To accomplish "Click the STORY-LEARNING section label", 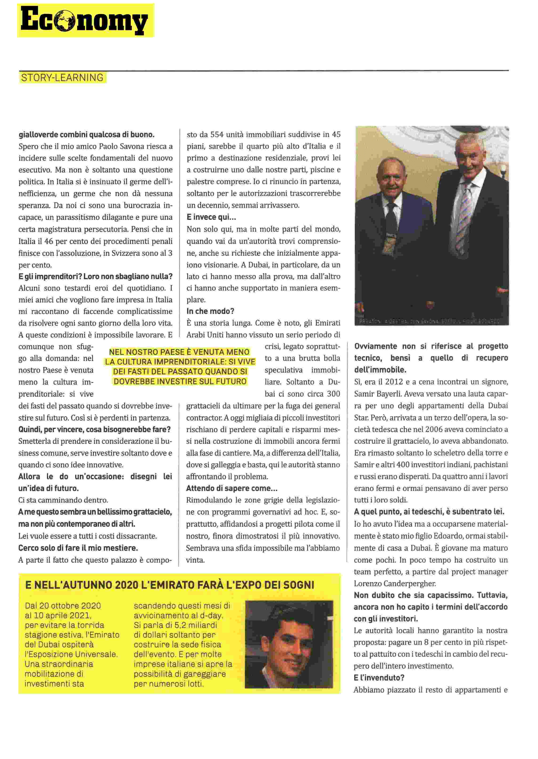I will pos(62,78).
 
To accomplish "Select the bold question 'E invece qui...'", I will pos(211,217).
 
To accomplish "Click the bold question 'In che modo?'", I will pos(210,311).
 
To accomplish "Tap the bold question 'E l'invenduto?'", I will pos(379,678).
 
